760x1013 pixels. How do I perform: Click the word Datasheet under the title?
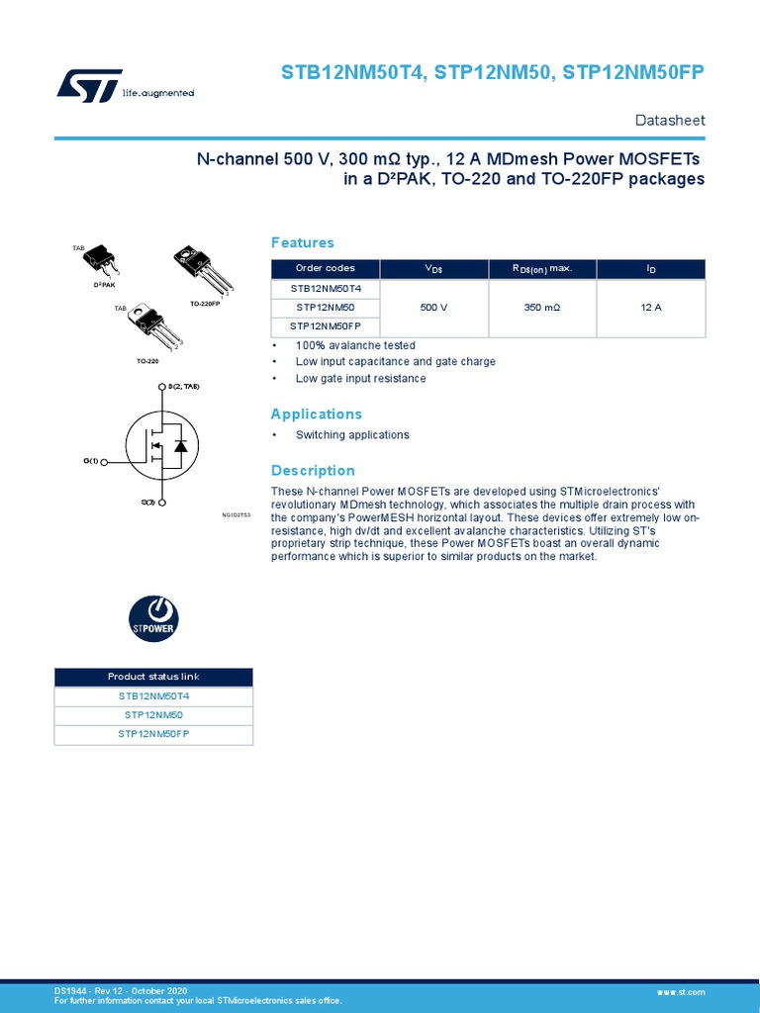pyautogui.click(x=669, y=121)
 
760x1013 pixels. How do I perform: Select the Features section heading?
pyautogui.click(x=303, y=243)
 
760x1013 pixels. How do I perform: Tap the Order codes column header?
pyautogui.click(x=326, y=269)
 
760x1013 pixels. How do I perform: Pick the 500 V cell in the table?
pyautogui.click(x=433, y=308)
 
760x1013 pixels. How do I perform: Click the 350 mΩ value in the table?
pyautogui.click(x=542, y=308)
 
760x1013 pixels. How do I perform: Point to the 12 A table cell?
pyautogui.click(x=651, y=308)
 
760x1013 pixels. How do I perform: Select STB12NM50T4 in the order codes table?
pyautogui.click(x=326, y=289)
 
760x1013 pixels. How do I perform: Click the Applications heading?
pyautogui.click(x=317, y=414)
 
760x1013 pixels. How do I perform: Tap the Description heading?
pyautogui.click(x=313, y=471)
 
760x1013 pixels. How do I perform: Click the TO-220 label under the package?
pyautogui.click(x=147, y=362)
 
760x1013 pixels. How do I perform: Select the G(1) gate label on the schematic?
pyautogui.click(x=91, y=462)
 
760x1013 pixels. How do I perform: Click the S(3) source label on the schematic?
pyautogui.click(x=147, y=503)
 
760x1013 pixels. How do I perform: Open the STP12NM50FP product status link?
pyautogui.click(x=153, y=734)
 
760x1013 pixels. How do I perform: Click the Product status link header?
pyautogui.click(x=153, y=677)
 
